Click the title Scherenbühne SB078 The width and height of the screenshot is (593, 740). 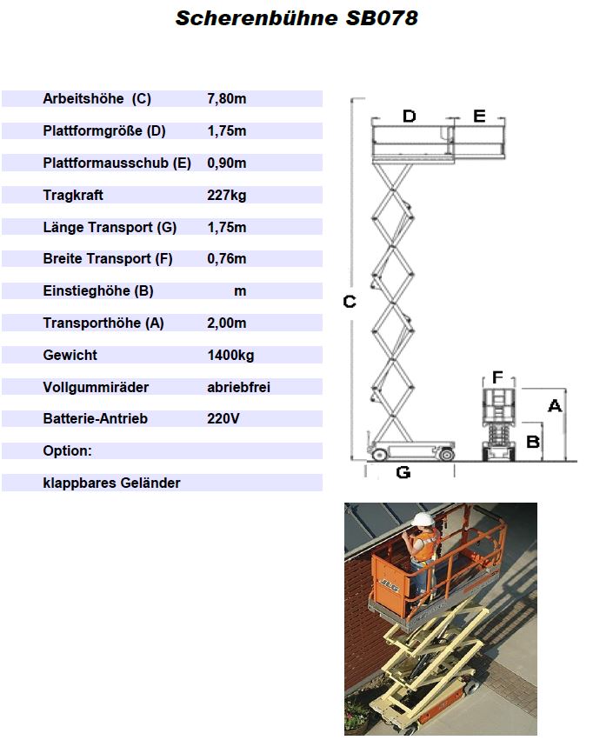[x=296, y=18]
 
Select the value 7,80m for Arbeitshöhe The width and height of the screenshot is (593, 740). [x=226, y=98]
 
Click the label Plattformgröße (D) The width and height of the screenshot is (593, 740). [x=104, y=130]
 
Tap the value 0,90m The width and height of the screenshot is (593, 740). [x=226, y=163]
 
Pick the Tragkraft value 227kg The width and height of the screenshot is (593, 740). [x=226, y=195]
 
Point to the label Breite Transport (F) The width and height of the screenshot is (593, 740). [x=108, y=258]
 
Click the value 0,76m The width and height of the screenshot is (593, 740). [x=226, y=258]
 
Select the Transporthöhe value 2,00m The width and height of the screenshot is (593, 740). [x=226, y=323]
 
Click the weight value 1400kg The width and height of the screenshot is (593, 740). [x=230, y=355]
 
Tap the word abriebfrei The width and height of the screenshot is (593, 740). [x=239, y=387]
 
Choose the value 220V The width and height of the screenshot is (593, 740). [x=223, y=418]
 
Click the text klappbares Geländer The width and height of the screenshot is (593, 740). [x=111, y=483]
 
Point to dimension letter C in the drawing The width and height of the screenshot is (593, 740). [x=349, y=301]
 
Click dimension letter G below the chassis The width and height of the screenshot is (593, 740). [x=403, y=472]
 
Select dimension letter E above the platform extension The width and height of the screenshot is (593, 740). [x=479, y=117]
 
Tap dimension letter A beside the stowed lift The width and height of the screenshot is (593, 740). [x=555, y=406]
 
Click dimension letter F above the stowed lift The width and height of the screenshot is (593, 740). [x=497, y=377]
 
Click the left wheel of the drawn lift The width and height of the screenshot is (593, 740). [x=379, y=455]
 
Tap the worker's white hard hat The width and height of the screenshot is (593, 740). [x=423, y=519]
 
